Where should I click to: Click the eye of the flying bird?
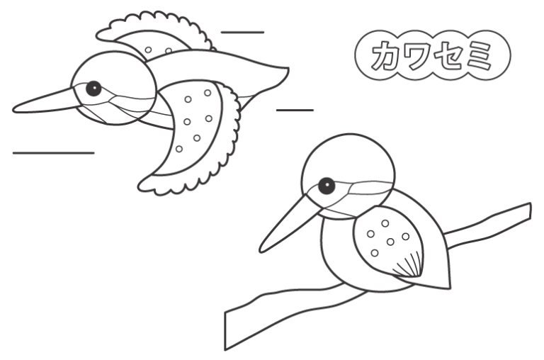[93, 89]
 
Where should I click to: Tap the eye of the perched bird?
[327, 186]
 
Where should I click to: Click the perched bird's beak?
[288, 224]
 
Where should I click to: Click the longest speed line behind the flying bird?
[53, 153]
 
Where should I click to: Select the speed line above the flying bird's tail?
[242, 33]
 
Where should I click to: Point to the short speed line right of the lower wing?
[295, 110]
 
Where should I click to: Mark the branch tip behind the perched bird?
[530, 210]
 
